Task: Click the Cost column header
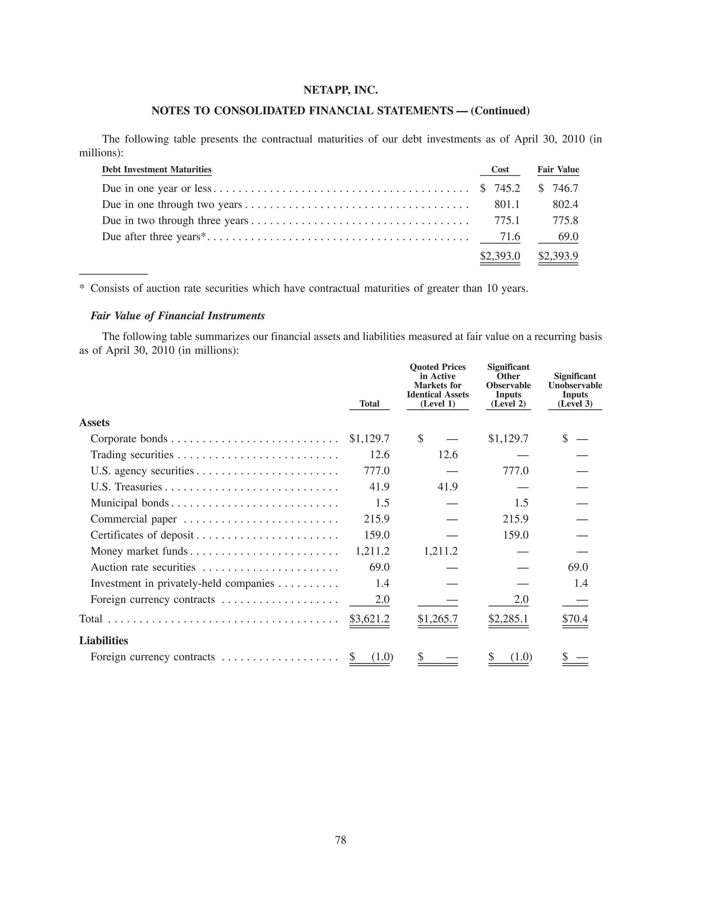[x=500, y=169]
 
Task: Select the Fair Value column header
[x=558, y=169]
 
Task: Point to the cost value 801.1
[x=507, y=204]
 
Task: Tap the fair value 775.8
[x=565, y=221]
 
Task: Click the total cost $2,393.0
[x=500, y=256]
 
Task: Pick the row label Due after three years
[x=154, y=237]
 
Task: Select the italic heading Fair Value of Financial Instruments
[x=178, y=316]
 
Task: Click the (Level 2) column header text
[x=508, y=403]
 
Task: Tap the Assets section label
[x=94, y=423]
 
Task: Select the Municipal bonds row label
[x=129, y=503]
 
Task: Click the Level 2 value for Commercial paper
[x=516, y=519]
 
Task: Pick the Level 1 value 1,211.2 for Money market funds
[x=440, y=551]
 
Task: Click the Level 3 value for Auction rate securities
[x=578, y=567]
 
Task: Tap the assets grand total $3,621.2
[x=369, y=618]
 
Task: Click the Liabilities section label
[x=104, y=640]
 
